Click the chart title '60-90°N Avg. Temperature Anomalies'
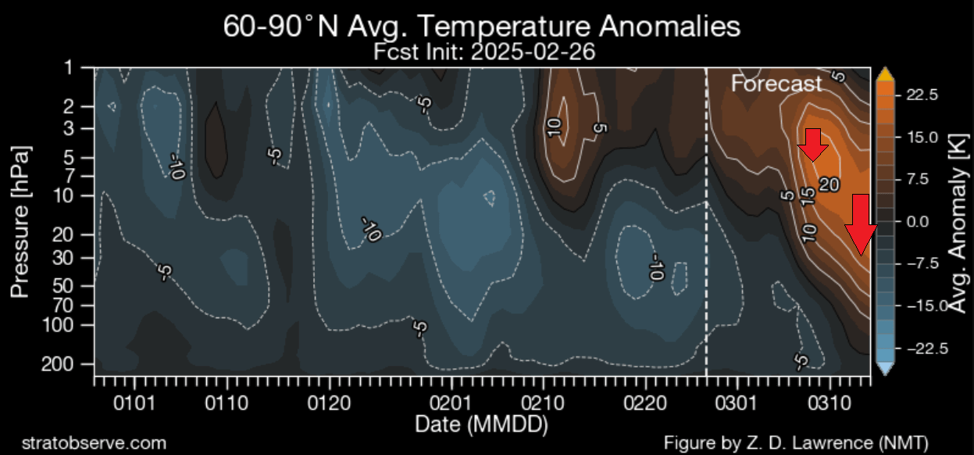point(481,27)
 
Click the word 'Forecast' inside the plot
point(776,84)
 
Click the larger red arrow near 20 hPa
point(860,224)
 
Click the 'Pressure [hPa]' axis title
point(21,220)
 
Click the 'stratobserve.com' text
point(95,442)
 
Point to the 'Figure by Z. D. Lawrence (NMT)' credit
point(795,442)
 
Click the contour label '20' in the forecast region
point(829,185)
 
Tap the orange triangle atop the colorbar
point(885,74)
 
